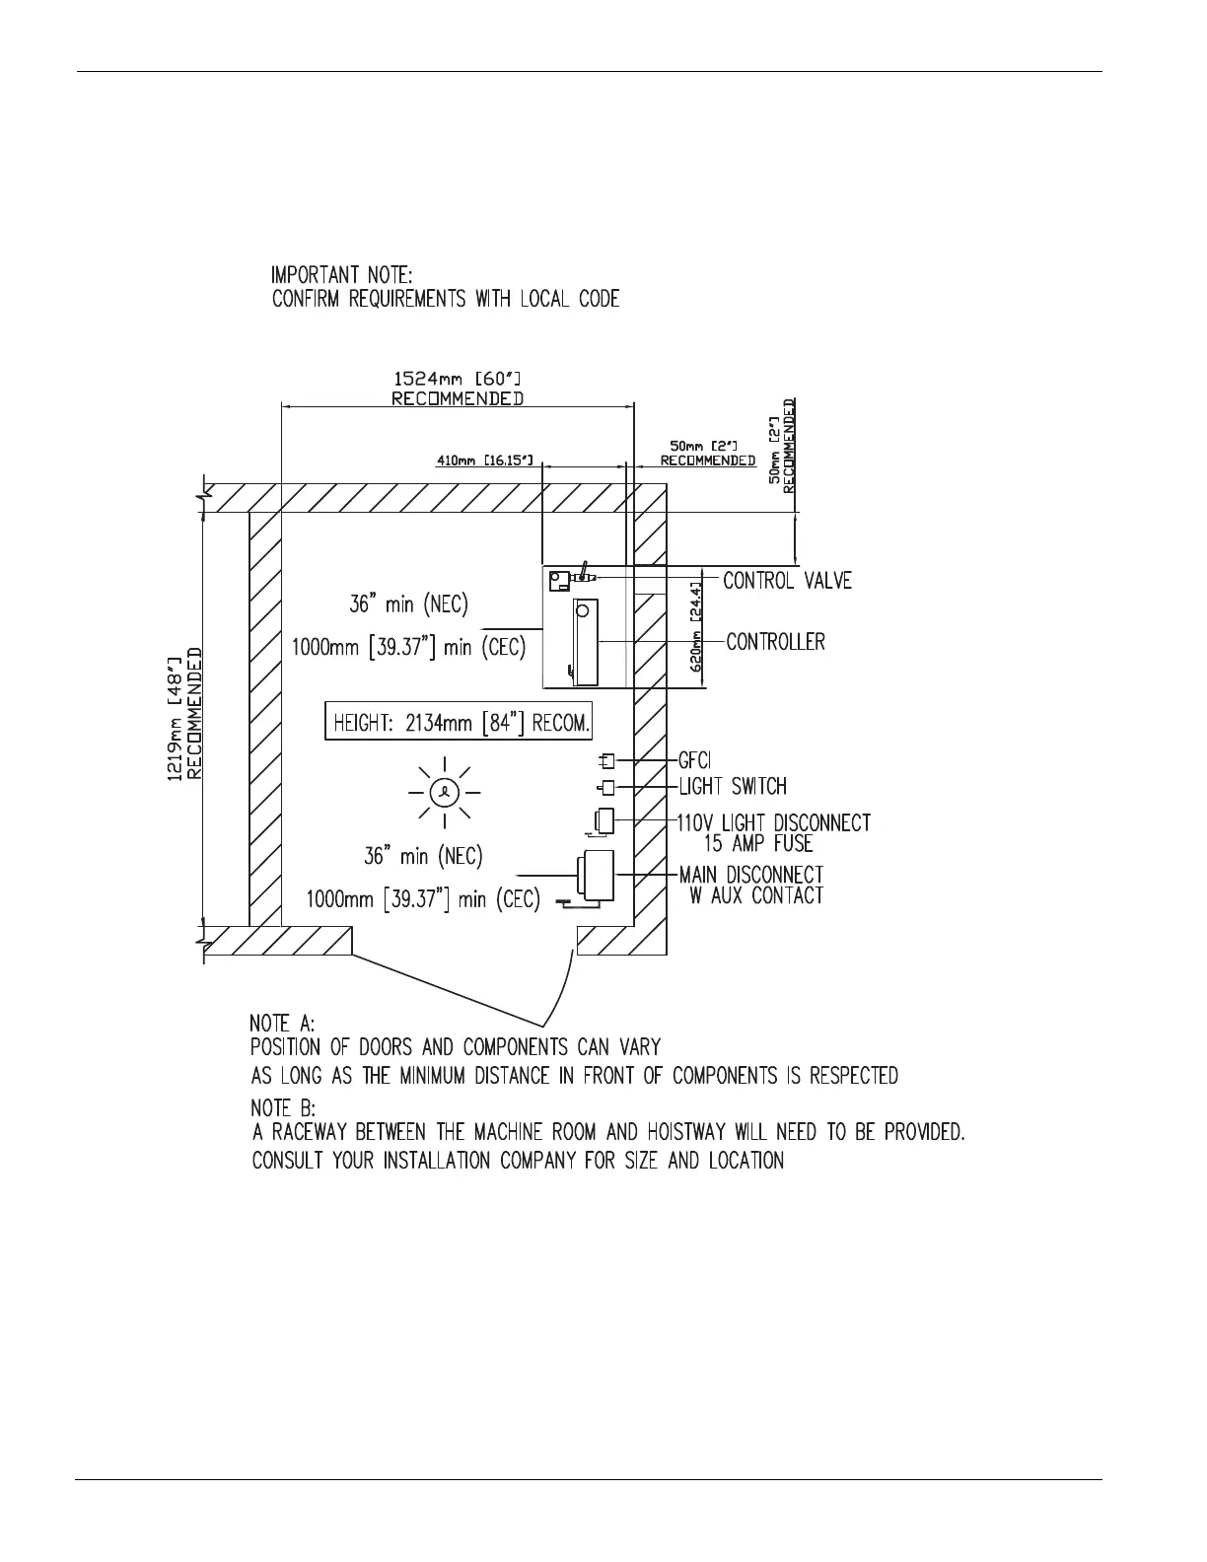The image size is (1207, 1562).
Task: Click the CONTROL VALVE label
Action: click(787, 580)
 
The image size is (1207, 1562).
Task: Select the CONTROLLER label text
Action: click(775, 642)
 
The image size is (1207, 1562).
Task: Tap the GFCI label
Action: click(695, 760)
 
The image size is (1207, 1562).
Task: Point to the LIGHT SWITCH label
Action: click(733, 786)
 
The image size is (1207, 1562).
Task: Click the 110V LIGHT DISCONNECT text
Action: click(773, 822)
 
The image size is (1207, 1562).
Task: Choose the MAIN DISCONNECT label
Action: click(750, 875)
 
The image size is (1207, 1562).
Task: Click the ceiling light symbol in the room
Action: click(445, 791)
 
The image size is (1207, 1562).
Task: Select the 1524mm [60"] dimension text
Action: click(458, 379)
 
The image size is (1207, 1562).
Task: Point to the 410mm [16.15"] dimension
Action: click(484, 461)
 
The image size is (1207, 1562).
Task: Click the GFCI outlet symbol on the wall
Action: click(607, 760)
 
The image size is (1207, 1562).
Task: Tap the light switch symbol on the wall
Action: click(607, 787)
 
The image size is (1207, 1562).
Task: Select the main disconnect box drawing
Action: click(595, 873)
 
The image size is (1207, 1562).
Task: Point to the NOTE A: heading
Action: click(282, 1025)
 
